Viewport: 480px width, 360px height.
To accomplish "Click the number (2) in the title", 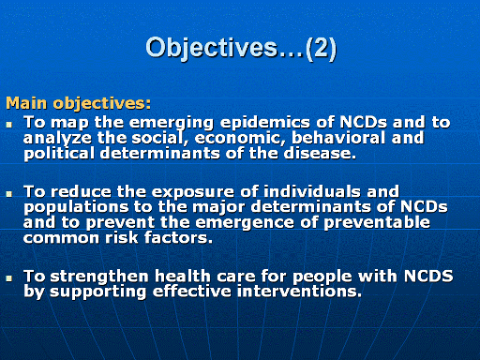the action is tap(321, 49).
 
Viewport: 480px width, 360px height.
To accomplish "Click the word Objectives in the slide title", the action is tap(212, 49).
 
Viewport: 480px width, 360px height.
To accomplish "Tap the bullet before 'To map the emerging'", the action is tap(9, 125).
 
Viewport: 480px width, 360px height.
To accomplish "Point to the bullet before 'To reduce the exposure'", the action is tap(9, 194).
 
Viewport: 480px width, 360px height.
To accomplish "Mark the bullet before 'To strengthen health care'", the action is tap(9, 277).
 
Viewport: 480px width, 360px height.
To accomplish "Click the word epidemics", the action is tap(265, 123).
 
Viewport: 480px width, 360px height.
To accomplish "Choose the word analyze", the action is tap(57, 139).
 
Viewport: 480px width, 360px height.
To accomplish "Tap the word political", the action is tap(59, 154).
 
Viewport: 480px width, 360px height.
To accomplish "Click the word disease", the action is tap(320, 153).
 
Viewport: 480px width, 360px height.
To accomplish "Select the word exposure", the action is tap(192, 192).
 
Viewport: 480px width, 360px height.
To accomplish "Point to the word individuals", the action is tap(312, 191).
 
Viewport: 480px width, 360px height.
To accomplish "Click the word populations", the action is tap(76, 207).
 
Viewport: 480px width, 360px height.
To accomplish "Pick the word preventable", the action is tap(377, 222).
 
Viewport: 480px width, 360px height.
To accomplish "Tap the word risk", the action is tap(122, 237).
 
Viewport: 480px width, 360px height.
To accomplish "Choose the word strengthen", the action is tap(99, 277).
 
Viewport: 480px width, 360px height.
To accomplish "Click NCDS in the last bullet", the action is tap(428, 276).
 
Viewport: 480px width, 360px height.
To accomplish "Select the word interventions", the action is tap(299, 292).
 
